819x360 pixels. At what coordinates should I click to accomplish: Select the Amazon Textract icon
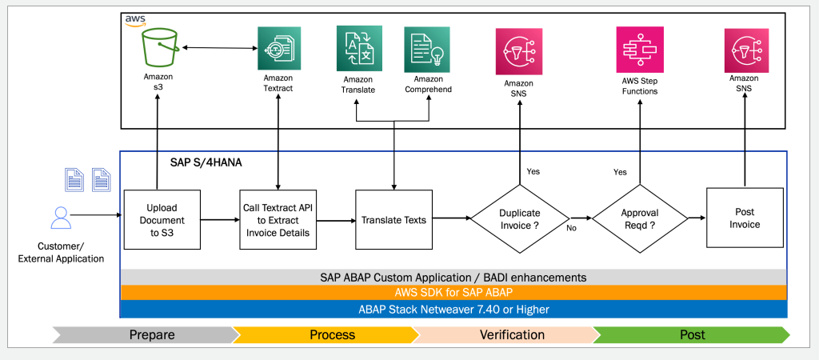tap(278, 49)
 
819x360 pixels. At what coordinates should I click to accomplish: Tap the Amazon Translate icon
tap(359, 49)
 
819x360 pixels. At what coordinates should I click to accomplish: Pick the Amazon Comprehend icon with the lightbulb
tap(427, 49)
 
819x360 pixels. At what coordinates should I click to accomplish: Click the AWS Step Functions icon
tap(639, 49)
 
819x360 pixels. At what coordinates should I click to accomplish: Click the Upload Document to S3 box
tap(162, 219)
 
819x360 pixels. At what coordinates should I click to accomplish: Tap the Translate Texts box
tap(394, 219)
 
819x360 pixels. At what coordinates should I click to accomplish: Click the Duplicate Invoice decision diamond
tap(519, 218)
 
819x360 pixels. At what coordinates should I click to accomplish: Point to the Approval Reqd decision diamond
tap(640, 218)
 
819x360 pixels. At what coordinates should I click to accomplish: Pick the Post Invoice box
tap(744, 218)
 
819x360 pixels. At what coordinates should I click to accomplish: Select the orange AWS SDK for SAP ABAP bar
tap(453, 293)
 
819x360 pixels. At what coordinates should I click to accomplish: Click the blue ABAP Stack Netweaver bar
tap(453, 309)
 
